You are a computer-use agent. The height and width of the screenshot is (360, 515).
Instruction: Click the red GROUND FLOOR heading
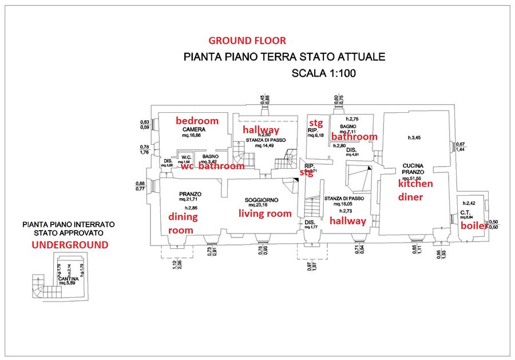tap(247, 41)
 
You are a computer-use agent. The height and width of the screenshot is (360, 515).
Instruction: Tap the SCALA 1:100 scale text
tap(324, 73)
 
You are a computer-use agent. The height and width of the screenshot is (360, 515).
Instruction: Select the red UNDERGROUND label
tap(69, 245)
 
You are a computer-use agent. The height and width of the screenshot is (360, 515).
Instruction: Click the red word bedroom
tap(197, 121)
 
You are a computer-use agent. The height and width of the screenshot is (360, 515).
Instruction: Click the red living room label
tap(265, 213)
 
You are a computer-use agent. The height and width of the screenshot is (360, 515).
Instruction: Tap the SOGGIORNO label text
tap(262, 200)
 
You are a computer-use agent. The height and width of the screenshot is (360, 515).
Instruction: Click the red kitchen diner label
tap(415, 191)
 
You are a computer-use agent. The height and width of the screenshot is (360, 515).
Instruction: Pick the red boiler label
tap(474, 226)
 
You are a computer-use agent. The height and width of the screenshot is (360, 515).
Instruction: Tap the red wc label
tap(187, 167)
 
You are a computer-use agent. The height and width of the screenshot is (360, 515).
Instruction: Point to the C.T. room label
tap(465, 212)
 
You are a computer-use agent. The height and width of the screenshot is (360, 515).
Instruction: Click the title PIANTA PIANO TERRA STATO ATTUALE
tap(284, 57)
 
